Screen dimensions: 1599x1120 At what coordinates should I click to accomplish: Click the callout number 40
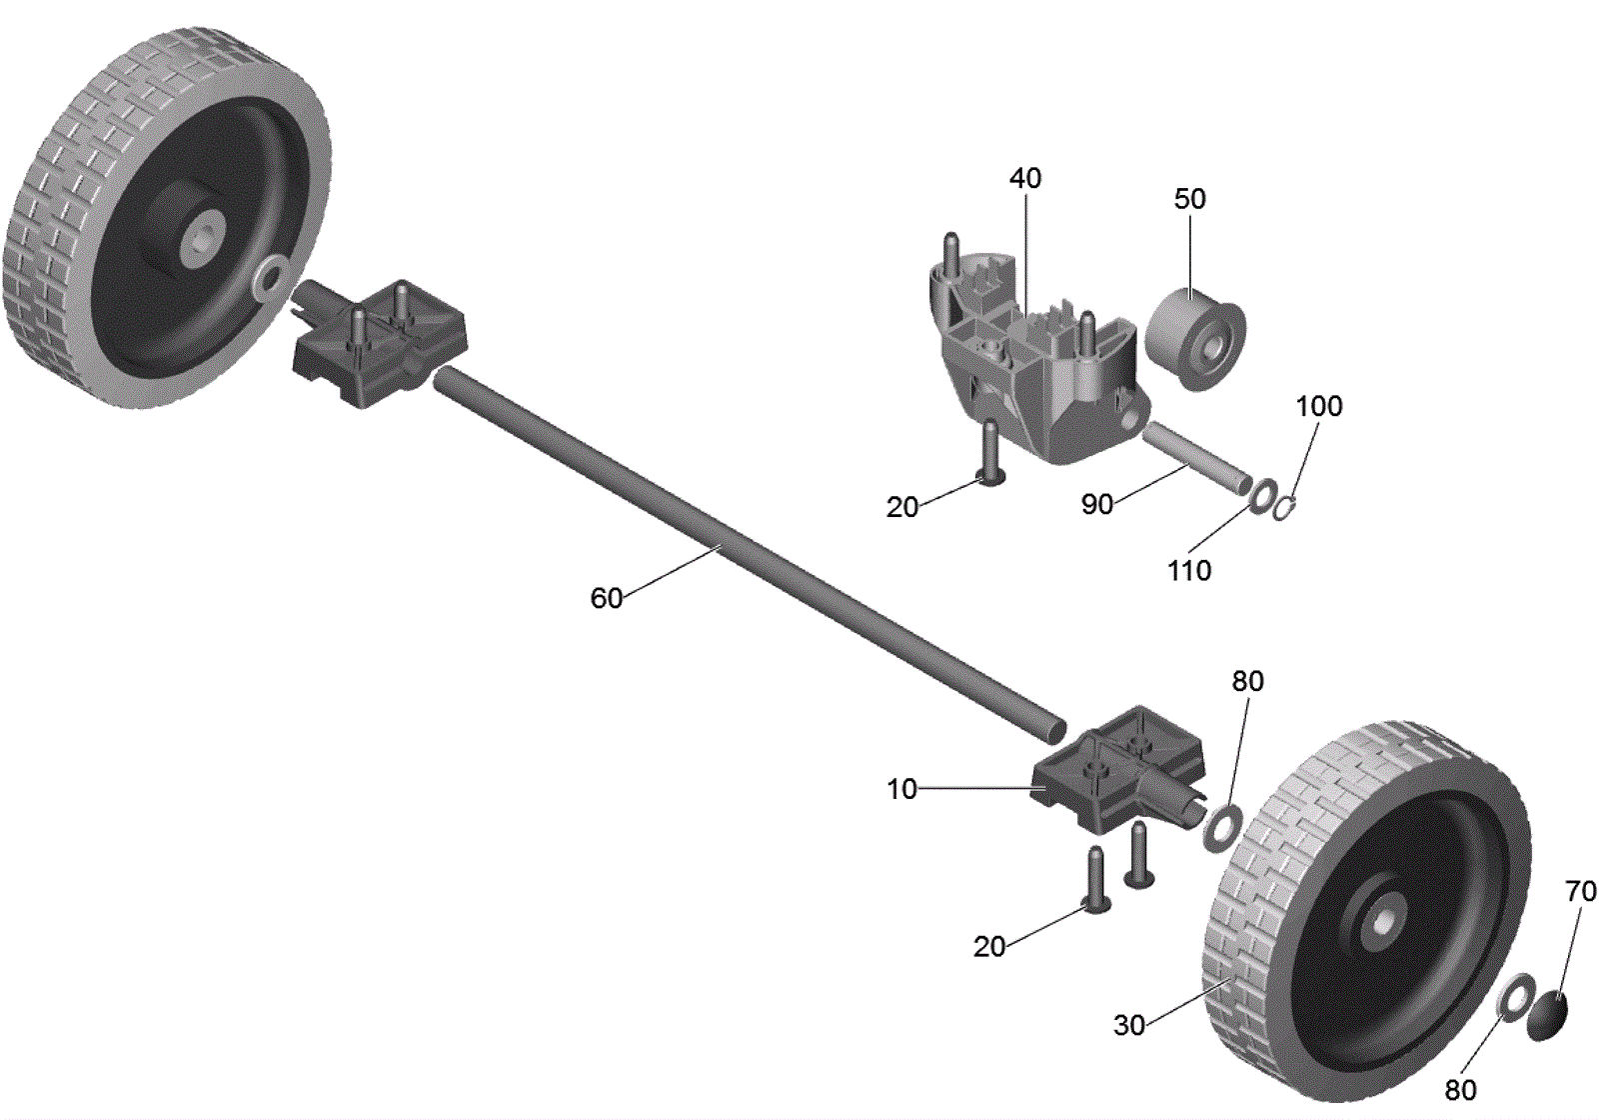[1025, 179]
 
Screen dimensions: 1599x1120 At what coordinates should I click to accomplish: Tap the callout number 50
[1190, 199]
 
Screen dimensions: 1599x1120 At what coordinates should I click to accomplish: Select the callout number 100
[1319, 406]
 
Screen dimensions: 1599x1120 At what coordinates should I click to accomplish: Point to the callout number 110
[1189, 571]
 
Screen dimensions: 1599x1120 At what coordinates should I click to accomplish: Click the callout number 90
[1097, 504]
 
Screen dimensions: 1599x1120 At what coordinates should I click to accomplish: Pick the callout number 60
[607, 599]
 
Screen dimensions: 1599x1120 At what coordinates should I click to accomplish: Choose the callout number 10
[901, 789]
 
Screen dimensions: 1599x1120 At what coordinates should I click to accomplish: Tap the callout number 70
[1580, 891]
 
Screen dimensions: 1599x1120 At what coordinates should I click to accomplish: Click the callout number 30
[1129, 1026]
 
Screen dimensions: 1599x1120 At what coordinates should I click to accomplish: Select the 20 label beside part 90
[902, 508]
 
